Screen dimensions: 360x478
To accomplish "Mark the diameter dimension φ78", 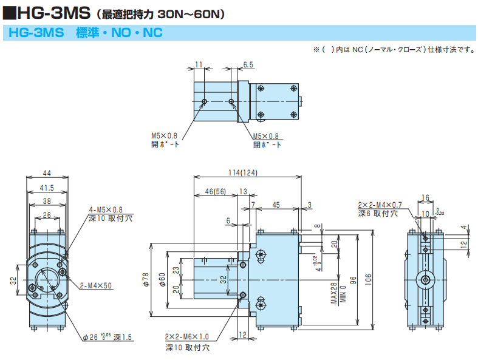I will click(145, 279).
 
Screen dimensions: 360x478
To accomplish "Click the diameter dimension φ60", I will click(162, 279).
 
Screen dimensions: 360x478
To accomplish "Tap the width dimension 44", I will click(47, 172).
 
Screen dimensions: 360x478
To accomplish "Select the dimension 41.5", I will click(47, 188).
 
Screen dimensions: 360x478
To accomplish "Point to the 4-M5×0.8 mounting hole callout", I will click(106, 209).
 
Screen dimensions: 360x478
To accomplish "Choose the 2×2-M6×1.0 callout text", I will click(186, 337).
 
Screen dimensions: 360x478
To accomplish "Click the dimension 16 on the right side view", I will click(425, 197).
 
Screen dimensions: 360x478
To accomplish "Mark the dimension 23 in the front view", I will click(175, 270).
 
